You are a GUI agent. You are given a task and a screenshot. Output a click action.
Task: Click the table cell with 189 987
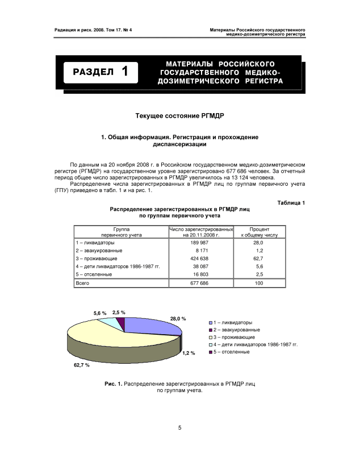[201, 242]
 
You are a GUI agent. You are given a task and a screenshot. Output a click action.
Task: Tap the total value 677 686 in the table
[201, 283]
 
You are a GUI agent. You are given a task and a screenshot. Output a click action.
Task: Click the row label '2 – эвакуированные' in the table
[99, 250]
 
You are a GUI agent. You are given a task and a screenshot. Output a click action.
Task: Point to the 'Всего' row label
[83, 283]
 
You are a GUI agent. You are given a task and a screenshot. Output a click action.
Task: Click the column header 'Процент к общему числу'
[259, 231]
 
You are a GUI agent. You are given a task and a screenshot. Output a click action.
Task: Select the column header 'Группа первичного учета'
[121, 231]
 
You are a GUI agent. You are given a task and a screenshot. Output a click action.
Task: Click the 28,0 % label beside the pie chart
[178, 319]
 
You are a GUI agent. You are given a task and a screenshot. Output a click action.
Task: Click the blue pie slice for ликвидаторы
[150, 326]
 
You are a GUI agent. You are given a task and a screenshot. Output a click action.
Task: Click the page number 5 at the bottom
[179, 428]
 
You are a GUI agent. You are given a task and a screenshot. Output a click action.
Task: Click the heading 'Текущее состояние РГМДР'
[179, 116]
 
